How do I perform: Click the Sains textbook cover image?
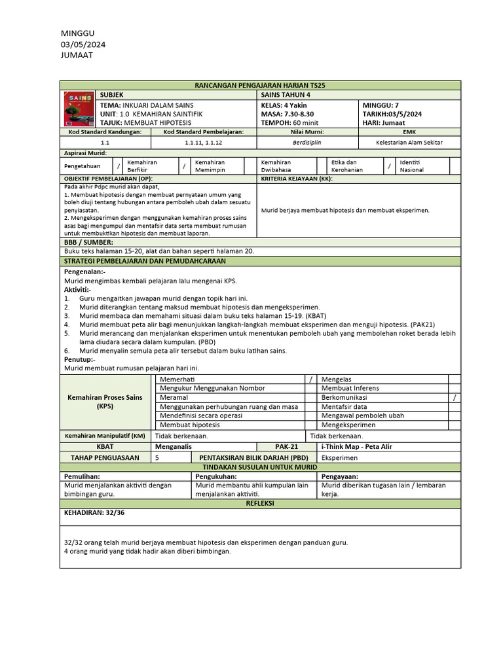[79, 109]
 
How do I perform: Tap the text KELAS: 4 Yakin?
[284, 105]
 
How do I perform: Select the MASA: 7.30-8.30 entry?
[287, 114]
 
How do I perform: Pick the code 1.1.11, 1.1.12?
[204, 142]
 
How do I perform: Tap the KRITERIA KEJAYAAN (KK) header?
[297, 179]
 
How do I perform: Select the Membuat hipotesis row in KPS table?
[190, 425]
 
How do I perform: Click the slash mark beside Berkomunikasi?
[455, 397]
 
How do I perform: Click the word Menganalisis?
[173, 446]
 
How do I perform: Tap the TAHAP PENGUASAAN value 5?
[157, 457]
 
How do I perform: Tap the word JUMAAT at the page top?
[77, 55]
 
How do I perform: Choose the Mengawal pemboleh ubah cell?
[353, 415]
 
